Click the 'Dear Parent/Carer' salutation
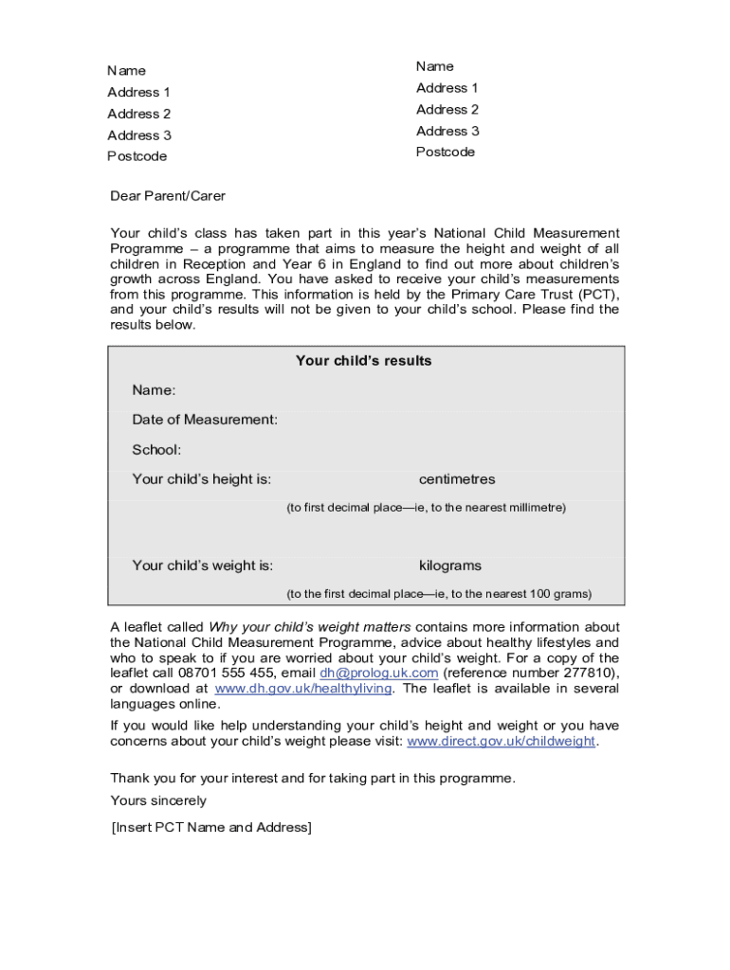point(168,196)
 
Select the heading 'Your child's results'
point(363,361)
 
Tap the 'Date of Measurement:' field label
point(205,420)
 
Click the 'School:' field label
point(156,450)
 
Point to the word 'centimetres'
point(457,479)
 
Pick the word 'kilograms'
point(450,566)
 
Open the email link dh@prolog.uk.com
point(379,674)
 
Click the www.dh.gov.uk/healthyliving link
point(303,689)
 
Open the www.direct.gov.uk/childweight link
point(502,742)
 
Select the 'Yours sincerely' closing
point(158,801)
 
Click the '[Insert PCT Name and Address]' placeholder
point(210,828)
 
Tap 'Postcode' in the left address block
point(137,156)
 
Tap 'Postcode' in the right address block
point(446,153)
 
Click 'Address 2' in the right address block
point(447,110)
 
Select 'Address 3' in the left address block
point(139,135)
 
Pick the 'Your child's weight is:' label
point(203,566)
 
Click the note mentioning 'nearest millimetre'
point(426,508)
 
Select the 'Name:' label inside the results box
point(154,391)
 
